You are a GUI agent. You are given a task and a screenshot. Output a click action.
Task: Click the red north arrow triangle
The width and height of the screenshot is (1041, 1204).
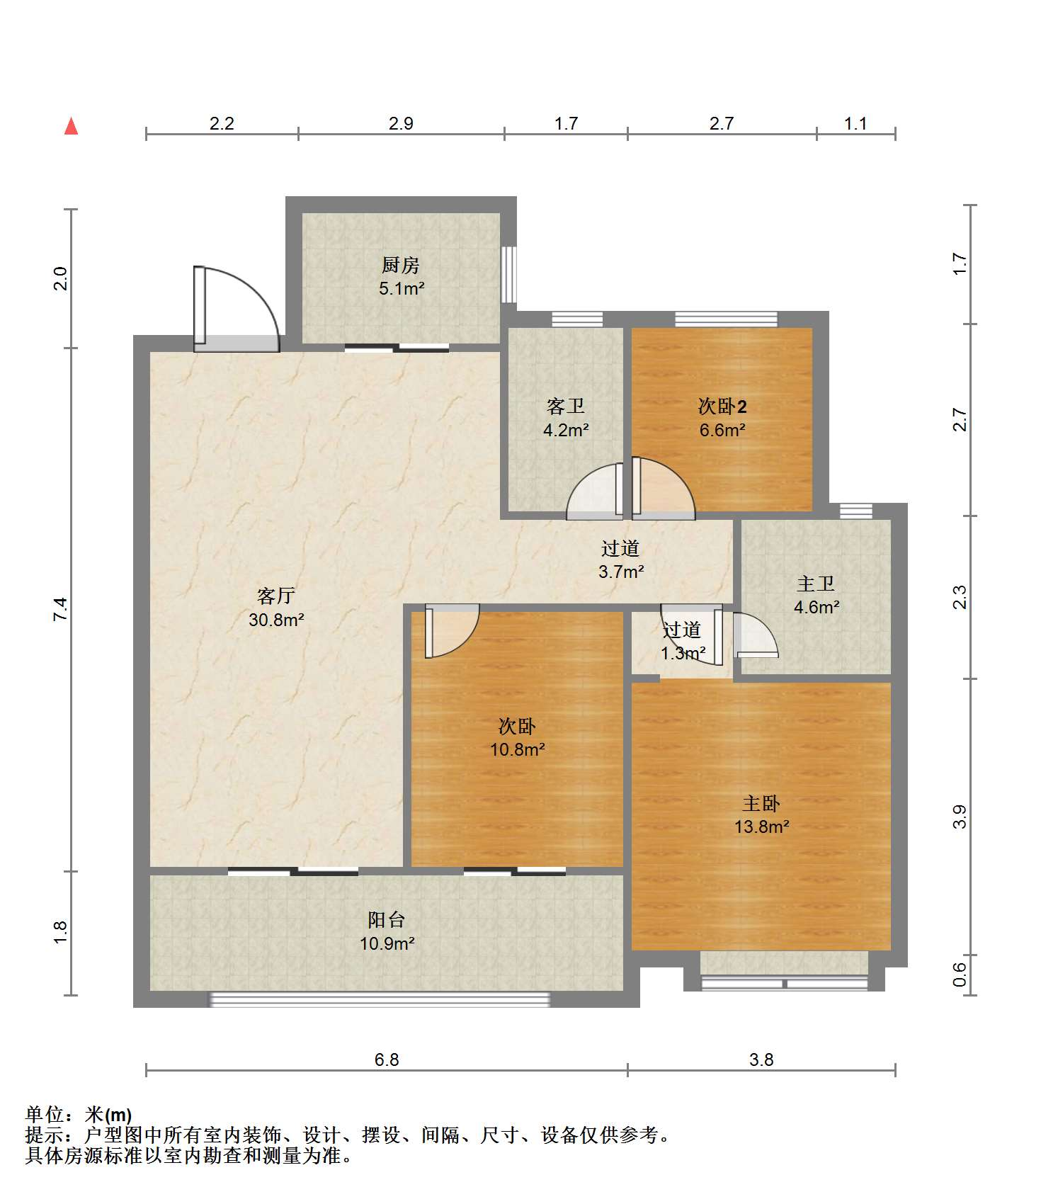[x=71, y=126]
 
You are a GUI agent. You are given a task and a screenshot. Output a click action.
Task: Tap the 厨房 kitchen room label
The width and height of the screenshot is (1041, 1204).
[x=401, y=265]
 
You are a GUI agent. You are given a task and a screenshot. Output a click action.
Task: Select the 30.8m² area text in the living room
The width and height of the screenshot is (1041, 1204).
[x=276, y=620]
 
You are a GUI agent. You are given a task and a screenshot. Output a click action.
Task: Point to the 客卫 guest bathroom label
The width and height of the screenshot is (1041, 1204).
[x=566, y=406]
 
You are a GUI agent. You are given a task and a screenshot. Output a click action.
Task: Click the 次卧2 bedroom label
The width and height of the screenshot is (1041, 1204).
[x=722, y=407]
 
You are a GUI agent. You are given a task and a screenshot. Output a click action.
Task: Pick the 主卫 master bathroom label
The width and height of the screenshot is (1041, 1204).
[x=816, y=584]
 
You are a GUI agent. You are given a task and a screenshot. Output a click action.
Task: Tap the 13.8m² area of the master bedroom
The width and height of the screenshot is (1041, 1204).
[x=762, y=827]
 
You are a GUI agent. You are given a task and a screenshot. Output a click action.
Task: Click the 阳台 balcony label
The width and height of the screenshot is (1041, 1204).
[x=387, y=920]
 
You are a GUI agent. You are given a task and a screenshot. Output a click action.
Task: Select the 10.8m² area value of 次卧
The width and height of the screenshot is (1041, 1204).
[x=518, y=749]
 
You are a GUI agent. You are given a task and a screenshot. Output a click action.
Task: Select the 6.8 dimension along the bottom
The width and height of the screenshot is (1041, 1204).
[x=387, y=1060]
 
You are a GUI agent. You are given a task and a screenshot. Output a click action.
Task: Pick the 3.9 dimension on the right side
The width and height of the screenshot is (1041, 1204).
[x=960, y=817]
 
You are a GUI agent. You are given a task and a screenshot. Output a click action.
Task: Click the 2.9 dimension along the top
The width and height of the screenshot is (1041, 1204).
[x=401, y=123]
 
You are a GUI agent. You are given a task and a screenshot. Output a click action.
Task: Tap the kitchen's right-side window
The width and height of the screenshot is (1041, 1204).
[x=508, y=274]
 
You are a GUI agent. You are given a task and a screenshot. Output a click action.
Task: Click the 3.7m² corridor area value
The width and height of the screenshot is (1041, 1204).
[x=621, y=572]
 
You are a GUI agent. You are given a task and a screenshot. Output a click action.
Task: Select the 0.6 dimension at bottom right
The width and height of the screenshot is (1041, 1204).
[x=960, y=975]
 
